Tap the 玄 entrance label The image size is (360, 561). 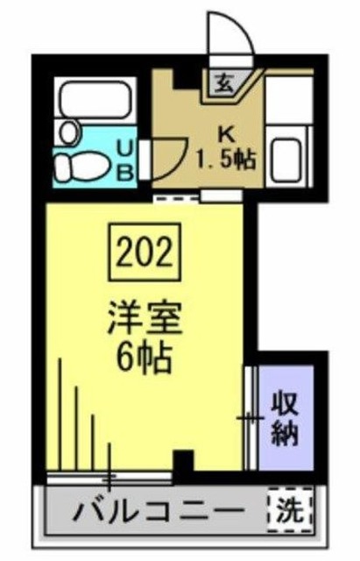tap(222, 86)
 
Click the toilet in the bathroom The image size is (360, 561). tap(83, 163)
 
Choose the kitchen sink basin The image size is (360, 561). tap(286, 157)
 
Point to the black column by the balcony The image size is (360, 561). tap(181, 464)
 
